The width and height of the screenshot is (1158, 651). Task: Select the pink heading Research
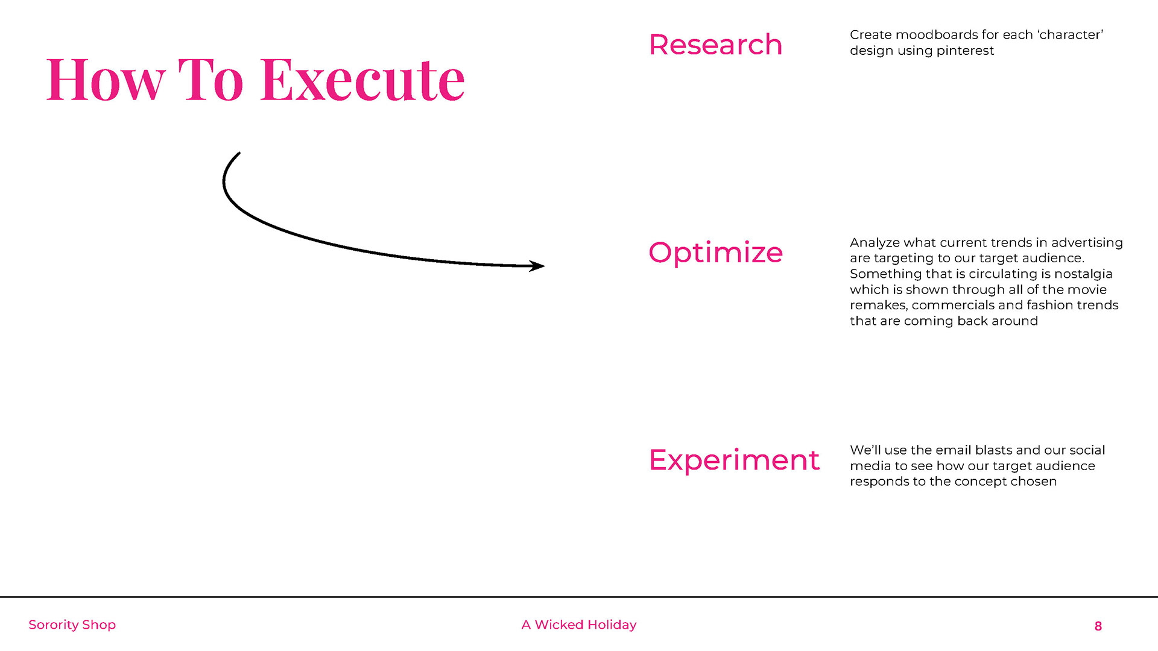[715, 45]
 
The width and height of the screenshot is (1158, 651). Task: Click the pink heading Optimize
[715, 253]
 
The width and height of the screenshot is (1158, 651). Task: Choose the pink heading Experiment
[734, 461]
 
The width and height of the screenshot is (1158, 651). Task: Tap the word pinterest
[965, 51]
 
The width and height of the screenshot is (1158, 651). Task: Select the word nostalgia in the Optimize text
[1083, 274]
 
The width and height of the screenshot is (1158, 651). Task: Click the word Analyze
[875, 243]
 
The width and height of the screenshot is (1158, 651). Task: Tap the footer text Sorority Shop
[72, 625]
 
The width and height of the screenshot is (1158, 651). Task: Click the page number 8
[1098, 626]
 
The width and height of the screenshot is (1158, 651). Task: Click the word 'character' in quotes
[1071, 35]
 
